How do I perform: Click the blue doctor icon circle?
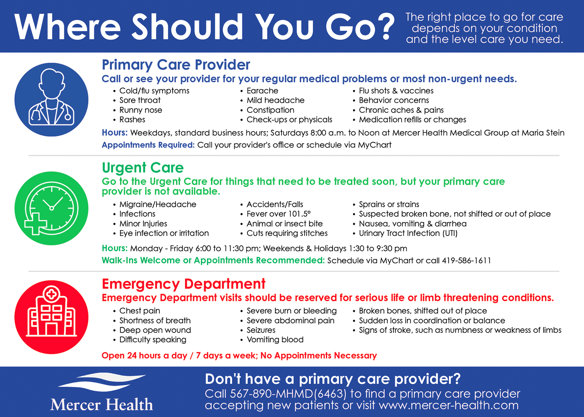coord(51,100)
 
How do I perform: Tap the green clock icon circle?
coord(51,208)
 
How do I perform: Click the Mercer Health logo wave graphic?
coord(102,382)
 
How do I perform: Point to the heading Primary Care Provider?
coord(176,65)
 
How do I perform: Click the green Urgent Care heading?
coord(143,168)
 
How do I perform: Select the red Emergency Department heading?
coord(184,284)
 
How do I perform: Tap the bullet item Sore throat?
coord(140,100)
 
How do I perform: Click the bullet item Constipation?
coord(270,110)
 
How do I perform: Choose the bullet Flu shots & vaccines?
coord(396,91)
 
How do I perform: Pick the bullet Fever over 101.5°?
coord(278,214)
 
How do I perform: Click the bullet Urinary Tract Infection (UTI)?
coord(408,233)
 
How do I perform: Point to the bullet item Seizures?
coord(261,330)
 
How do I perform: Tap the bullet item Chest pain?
coord(139,311)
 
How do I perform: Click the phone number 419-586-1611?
coord(466,261)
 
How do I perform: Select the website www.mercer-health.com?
coord(449,406)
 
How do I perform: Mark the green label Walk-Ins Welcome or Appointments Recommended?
coord(213,261)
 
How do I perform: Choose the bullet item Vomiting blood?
coord(275,340)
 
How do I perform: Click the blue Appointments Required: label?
coord(148,145)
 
